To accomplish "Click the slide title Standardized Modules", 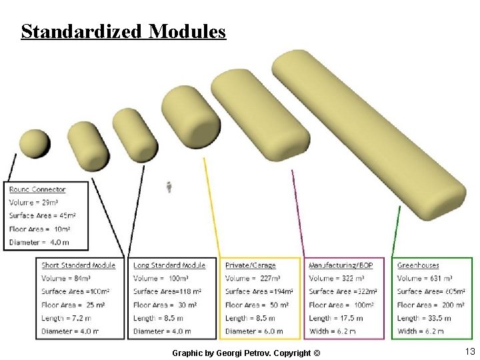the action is click(123, 31).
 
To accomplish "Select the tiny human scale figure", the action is click(169, 187).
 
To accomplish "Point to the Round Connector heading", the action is click(37, 190).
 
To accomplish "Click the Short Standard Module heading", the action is click(78, 265).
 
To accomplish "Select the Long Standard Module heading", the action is click(169, 265).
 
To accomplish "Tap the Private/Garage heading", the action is click(250, 265).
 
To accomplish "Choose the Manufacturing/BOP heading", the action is click(341, 265).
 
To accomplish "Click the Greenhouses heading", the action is click(418, 265).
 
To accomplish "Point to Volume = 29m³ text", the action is click(33, 203).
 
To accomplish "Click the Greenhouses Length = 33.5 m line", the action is click(424, 318).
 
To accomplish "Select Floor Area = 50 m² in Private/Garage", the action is click(257, 305).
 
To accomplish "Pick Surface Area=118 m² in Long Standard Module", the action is click(167, 291).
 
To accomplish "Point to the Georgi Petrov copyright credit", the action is click(246, 352).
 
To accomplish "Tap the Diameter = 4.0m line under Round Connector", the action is click(39, 243).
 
